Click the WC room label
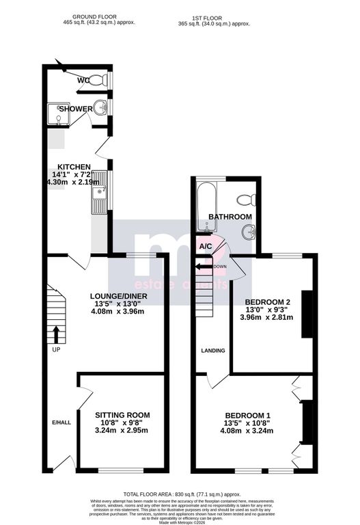click(83, 81)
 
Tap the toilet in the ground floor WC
click(100, 80)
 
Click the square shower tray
click(59, 117)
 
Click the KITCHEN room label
click(74, 167)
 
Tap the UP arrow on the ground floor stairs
click(56, 334)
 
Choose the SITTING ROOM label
click(122, 415)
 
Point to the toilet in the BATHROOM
click(245, 200)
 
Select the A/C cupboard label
click(205, 245)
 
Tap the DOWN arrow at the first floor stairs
click(203, 267)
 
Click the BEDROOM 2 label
click(268, 302)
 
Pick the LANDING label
click(212, 351)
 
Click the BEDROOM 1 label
click(249, 416)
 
